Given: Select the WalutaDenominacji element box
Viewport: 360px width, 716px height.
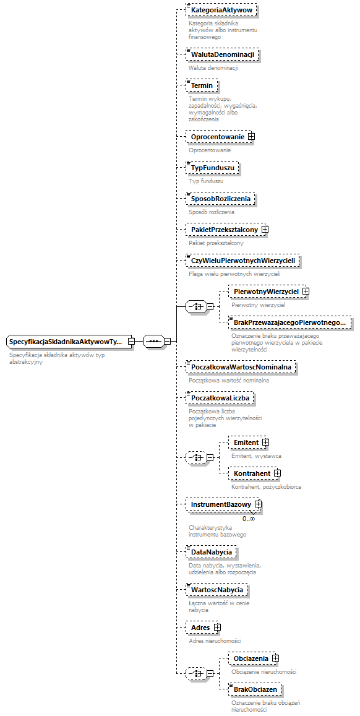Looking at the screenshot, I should pyautogui.click(x=222, y=55).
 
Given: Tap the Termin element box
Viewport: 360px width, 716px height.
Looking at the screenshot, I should pyautogui.click(x=202, y=85).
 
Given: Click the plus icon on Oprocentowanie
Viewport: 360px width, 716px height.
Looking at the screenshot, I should pyautogui.click(x=252, y=137).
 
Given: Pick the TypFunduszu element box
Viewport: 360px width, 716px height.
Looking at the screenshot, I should pyautogui.click(x=213, y=168).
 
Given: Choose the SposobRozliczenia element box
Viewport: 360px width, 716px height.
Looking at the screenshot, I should pyautogui.click(x=220, y=199).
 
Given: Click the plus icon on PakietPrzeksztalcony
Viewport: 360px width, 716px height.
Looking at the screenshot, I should pyautogui.click(x=265, y=230).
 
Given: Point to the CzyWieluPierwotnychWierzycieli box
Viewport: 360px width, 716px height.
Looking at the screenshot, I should pyautogui.click(x=243, y=261).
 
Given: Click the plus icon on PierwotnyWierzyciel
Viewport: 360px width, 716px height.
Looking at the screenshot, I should pyautogui.click(x=306, y=291).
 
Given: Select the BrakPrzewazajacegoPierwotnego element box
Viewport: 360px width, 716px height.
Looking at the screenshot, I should pyautogui.click(x=289, y=322).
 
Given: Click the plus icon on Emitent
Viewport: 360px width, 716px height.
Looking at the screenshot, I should pyautogui.click(x=265, y=442).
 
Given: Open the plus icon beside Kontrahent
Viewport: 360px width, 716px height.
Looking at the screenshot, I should pyautogui.click(x=277, y=473).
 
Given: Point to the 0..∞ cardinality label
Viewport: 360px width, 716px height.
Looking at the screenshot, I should pyautogui.click(x=249, y=519).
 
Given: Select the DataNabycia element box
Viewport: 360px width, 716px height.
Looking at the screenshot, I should pyautogui.click(x=212, y=551).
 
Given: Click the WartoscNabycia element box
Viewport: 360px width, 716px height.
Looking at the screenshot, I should pyautogui.click(x=216, y=590).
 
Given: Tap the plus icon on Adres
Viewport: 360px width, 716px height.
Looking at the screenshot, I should pyautogui.click(x=218, y=628).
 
